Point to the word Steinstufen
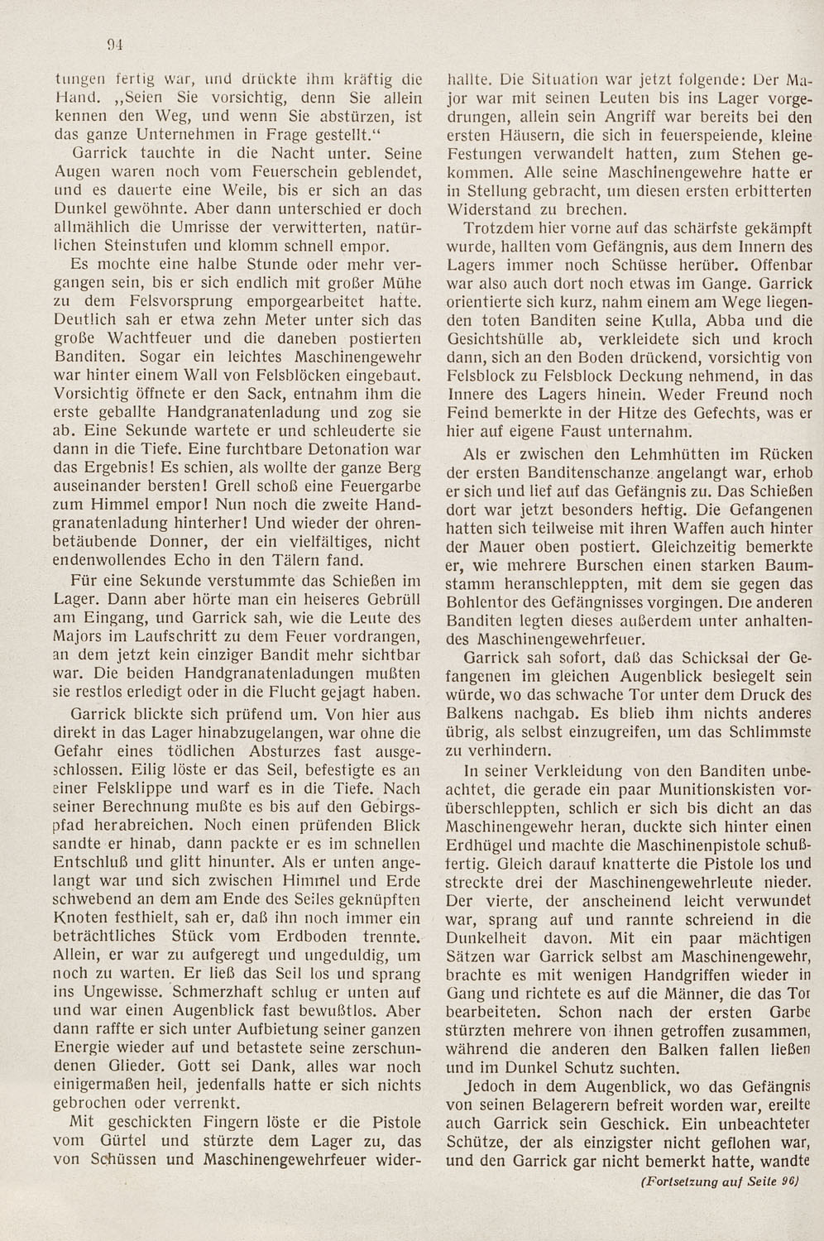pyautogui.click(x=134, y=247)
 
